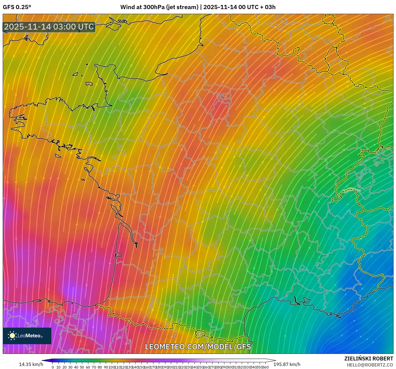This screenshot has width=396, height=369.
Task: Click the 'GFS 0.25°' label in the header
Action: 17,7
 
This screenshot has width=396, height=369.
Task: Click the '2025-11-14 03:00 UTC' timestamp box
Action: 49,27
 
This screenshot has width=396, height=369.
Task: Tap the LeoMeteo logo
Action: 27,336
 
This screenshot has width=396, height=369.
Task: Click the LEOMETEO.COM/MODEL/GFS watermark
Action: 198,347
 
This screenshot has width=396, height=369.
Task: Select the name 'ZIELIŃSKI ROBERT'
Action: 369,359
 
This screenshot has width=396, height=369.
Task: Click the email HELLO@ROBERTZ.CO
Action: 370,365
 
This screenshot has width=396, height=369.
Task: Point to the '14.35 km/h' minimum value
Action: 31,364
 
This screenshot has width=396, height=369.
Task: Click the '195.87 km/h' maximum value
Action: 287,364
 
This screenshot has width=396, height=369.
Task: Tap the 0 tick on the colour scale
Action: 53,367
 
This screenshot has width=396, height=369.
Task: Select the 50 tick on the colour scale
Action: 82,367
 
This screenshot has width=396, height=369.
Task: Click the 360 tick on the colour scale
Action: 265,367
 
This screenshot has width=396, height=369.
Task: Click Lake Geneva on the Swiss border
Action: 351,189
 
